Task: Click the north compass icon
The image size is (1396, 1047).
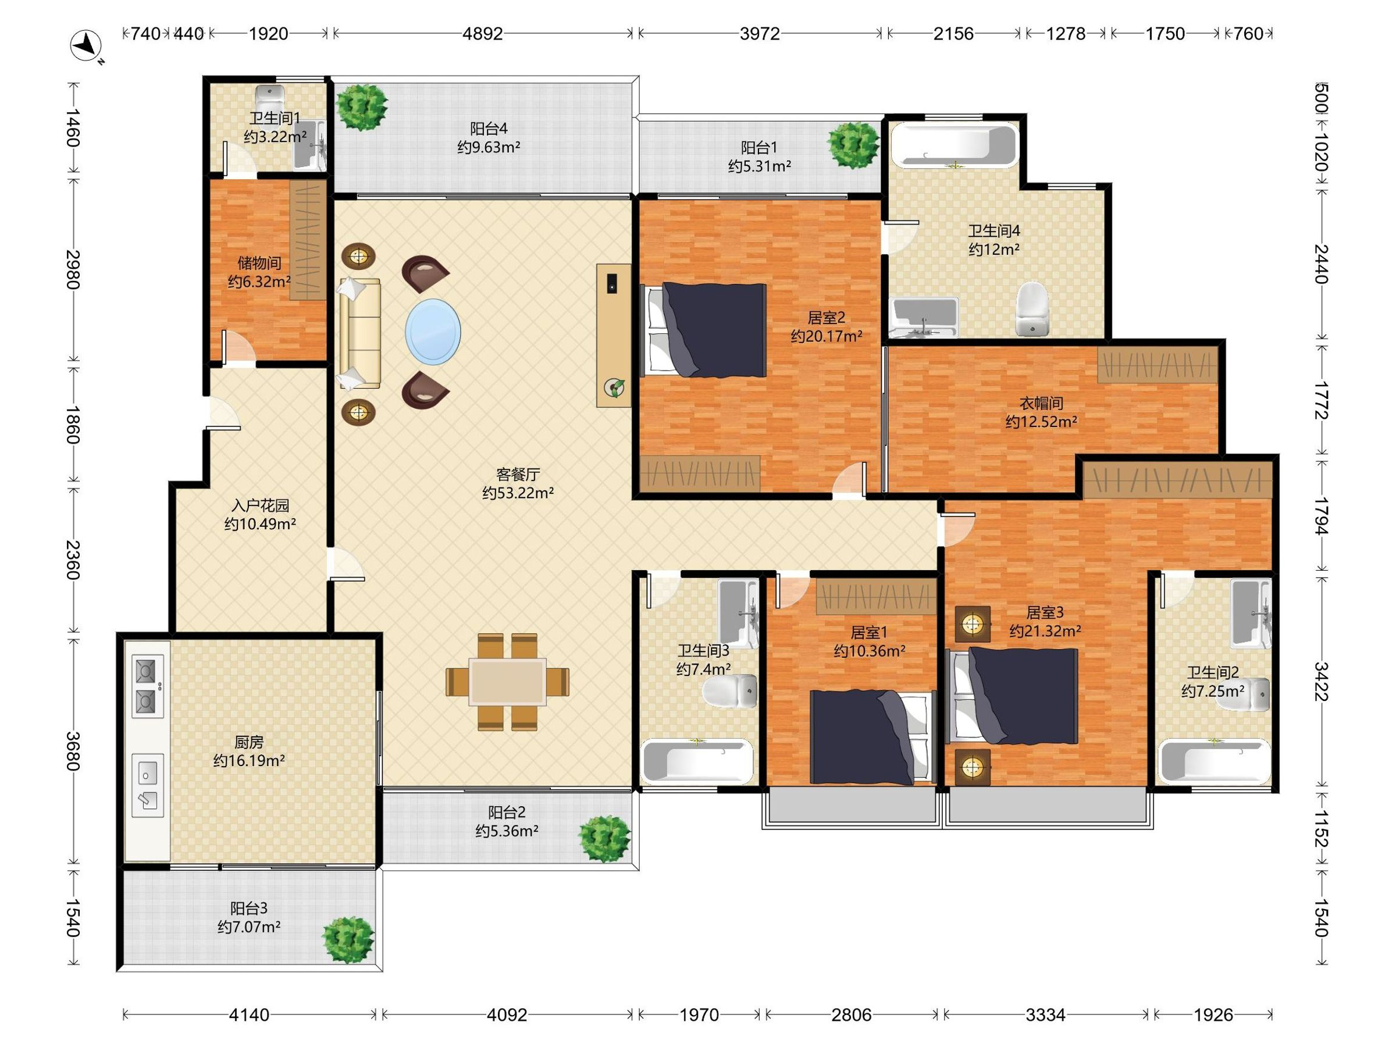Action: pyautogui.click(x=87, y=46)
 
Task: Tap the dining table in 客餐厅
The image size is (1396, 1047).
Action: pyautogui.click(x=507, y=682)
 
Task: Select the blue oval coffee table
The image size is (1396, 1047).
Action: pyautogui.click(x=433, y=332)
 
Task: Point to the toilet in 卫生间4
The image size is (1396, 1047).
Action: pyautogui.click(x=1032, y=308)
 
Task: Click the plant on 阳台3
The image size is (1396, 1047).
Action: pyautogui.click(x=348, y=940)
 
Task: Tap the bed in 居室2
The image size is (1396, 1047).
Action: pyautogui.click(x=704, y=330)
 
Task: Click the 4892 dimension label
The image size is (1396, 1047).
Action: pyautogui.click(x=483, y=34)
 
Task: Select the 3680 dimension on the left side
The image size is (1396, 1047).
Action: pyautogui.click(x=73, y=751)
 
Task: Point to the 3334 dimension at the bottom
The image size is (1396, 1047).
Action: pyautogui.click(x=1046, y=1015)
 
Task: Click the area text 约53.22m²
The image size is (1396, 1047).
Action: pyautogui.click(x=518, y=493)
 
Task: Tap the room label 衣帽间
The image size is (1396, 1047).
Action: pyautogui.click(x=1041, y=403)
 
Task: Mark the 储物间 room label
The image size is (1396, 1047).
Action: pyautogui.click(x=259, y=262)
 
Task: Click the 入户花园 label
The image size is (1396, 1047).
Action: pyautogui.click(x=260, y=505)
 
